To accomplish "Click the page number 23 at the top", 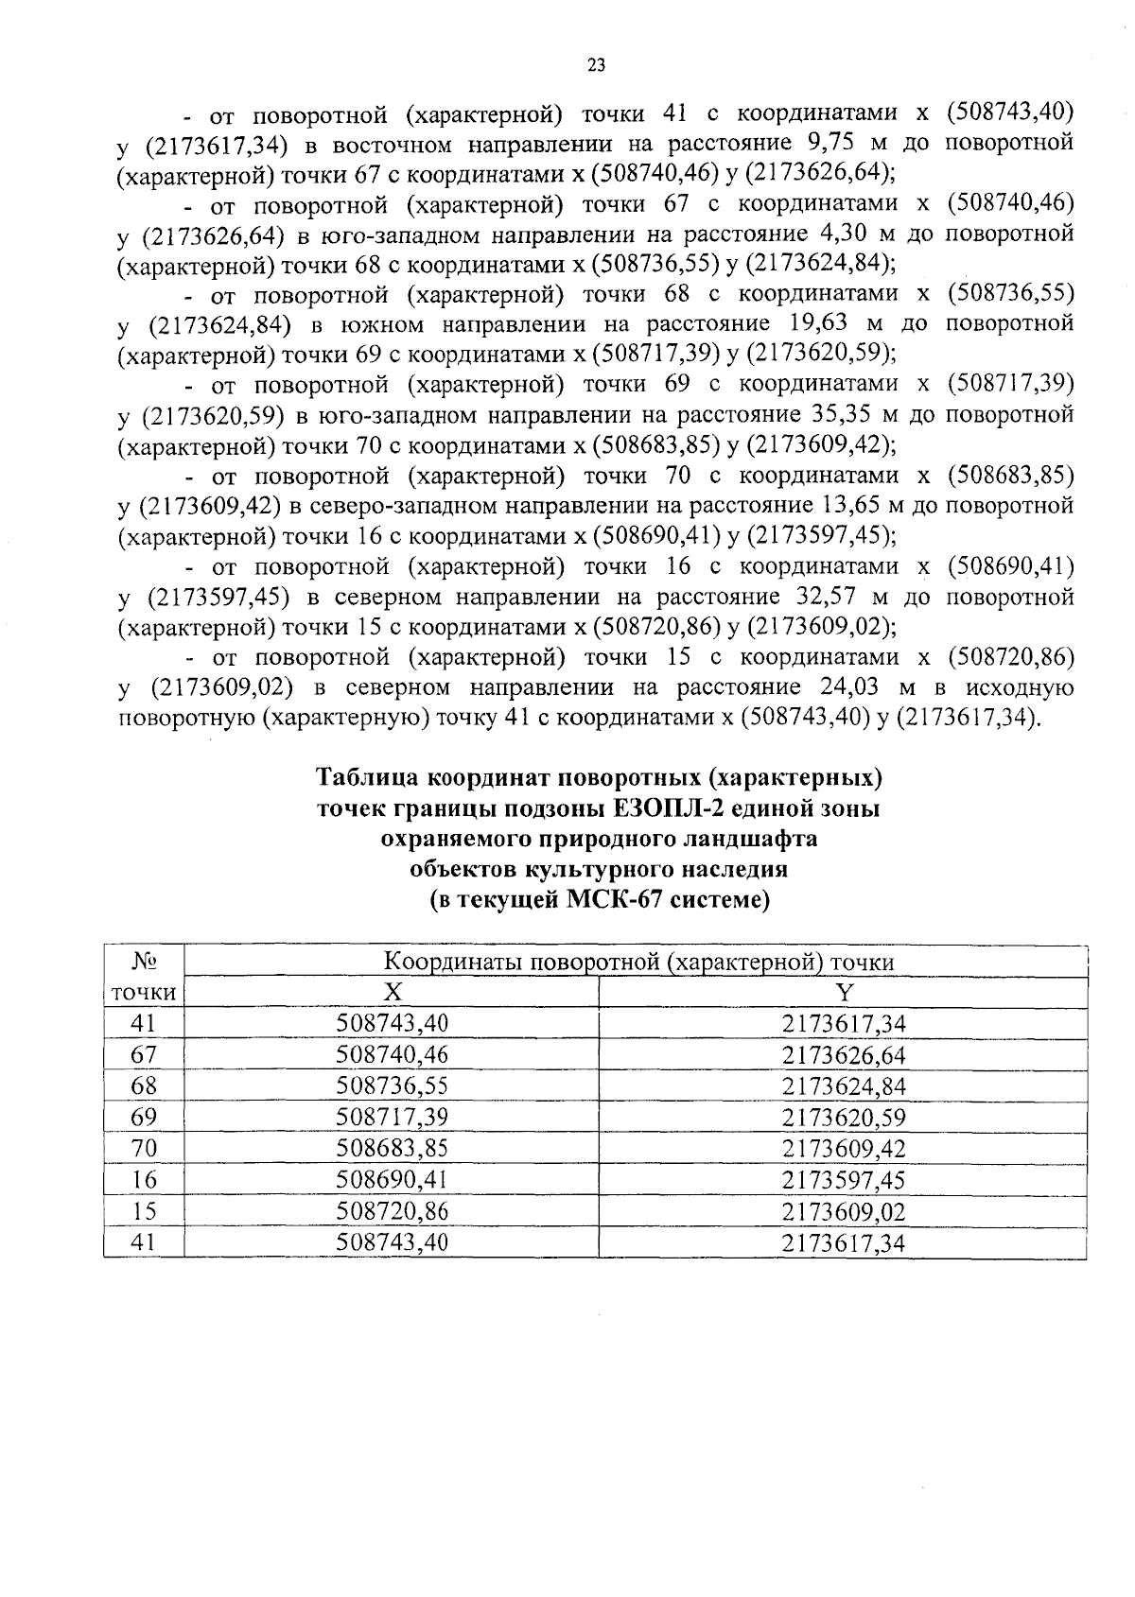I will [x=595, y=65].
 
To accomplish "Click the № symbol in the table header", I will [x=144, y=962].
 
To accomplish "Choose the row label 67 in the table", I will [x=144, y=1054].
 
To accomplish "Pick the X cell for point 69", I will [x=392, y=1118].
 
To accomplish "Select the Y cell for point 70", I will [x=843, y=1149].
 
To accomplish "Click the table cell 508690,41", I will [x=392, y=1180].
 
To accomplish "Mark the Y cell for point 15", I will [x=843, y=1211].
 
